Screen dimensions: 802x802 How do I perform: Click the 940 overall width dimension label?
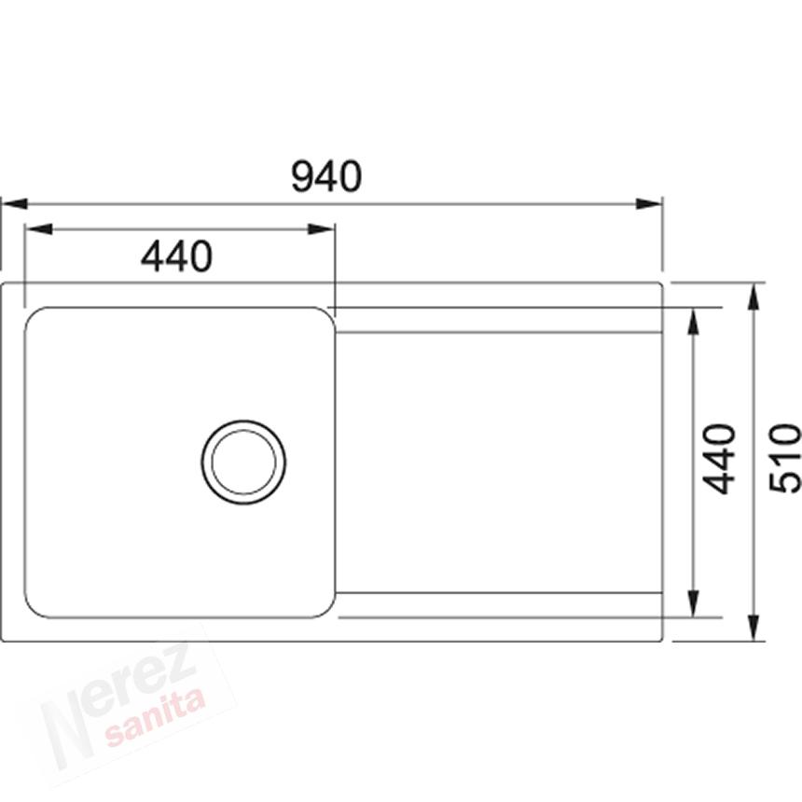point(326,176)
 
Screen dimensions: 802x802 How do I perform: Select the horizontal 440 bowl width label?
point(176,256)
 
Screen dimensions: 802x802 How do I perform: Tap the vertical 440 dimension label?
point(719,459)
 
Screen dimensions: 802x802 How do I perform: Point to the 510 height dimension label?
point(785,458)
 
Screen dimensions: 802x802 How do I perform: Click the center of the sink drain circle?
point(243,463)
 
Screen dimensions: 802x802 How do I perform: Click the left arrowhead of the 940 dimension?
point(14,204)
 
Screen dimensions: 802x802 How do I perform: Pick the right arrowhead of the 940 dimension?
point(649,204)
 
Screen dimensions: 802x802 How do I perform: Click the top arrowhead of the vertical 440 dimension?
point(694,322)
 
